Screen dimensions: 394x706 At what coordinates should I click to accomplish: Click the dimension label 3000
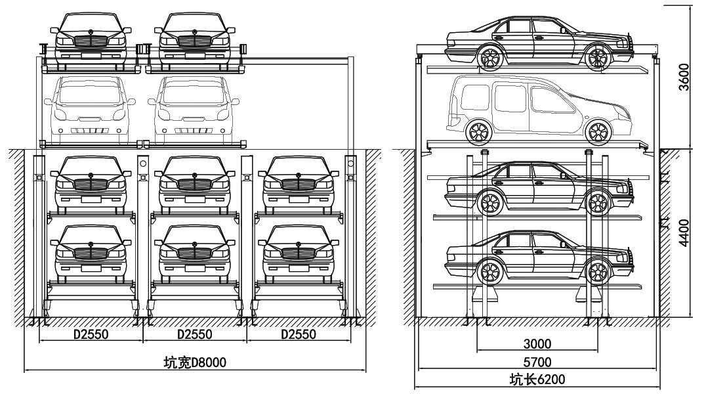click(537, 343)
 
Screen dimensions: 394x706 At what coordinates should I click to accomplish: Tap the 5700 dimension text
click(537, 361)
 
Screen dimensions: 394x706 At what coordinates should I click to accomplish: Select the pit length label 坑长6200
click(537, 379)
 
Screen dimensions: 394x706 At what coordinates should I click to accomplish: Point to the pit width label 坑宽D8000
click(194, 361)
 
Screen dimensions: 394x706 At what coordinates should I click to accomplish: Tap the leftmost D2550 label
click(91, 334)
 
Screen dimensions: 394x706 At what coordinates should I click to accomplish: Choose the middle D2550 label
click(195, 334)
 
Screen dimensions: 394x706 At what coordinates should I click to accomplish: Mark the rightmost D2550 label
click(299, 334)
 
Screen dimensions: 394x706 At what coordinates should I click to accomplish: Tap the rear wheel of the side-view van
click(479, 132)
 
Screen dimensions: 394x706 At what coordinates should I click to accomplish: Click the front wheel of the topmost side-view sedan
click(598, 57)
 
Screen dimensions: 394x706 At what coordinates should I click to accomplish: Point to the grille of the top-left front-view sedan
click(91, 41)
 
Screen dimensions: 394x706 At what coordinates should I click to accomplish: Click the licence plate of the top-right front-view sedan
click(195, 51)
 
